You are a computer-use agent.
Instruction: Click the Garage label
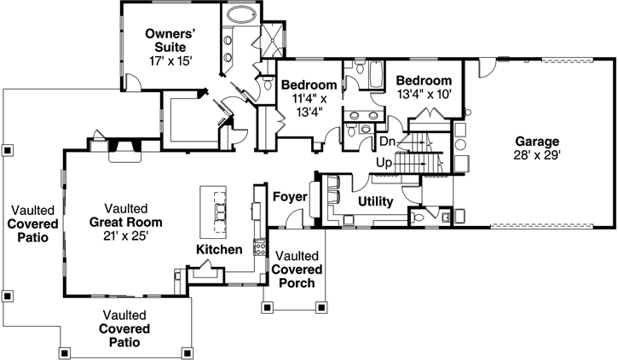[x=536, y=142]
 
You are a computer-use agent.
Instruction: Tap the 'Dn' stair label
[x=387, y=142]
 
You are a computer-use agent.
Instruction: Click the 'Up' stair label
[x=384, y=162]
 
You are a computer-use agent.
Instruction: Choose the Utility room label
[x=374, y=203]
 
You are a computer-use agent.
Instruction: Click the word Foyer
[x=289, y=198]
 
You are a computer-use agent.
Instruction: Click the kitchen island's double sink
[x=220, y=211]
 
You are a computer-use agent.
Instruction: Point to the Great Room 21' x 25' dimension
[x=126, y=235]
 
